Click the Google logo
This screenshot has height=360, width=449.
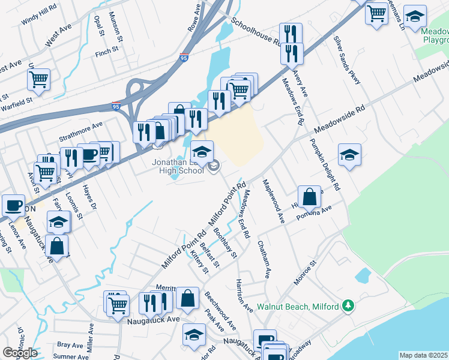pos(20,353)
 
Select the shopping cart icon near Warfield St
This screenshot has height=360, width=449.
pos(38,79)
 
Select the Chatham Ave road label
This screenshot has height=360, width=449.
pos(263,259)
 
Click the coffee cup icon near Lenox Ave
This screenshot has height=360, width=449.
pos(13,206)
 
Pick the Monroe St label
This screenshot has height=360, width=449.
pos(305,272)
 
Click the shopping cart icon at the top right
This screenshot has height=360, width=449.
pos(376,13)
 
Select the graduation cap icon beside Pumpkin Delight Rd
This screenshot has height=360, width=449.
pos(349,155)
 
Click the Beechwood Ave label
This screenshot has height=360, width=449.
pos(220,310)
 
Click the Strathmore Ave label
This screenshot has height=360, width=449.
pos(80,131)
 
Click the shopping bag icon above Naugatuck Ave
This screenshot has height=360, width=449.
pos(187,298)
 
